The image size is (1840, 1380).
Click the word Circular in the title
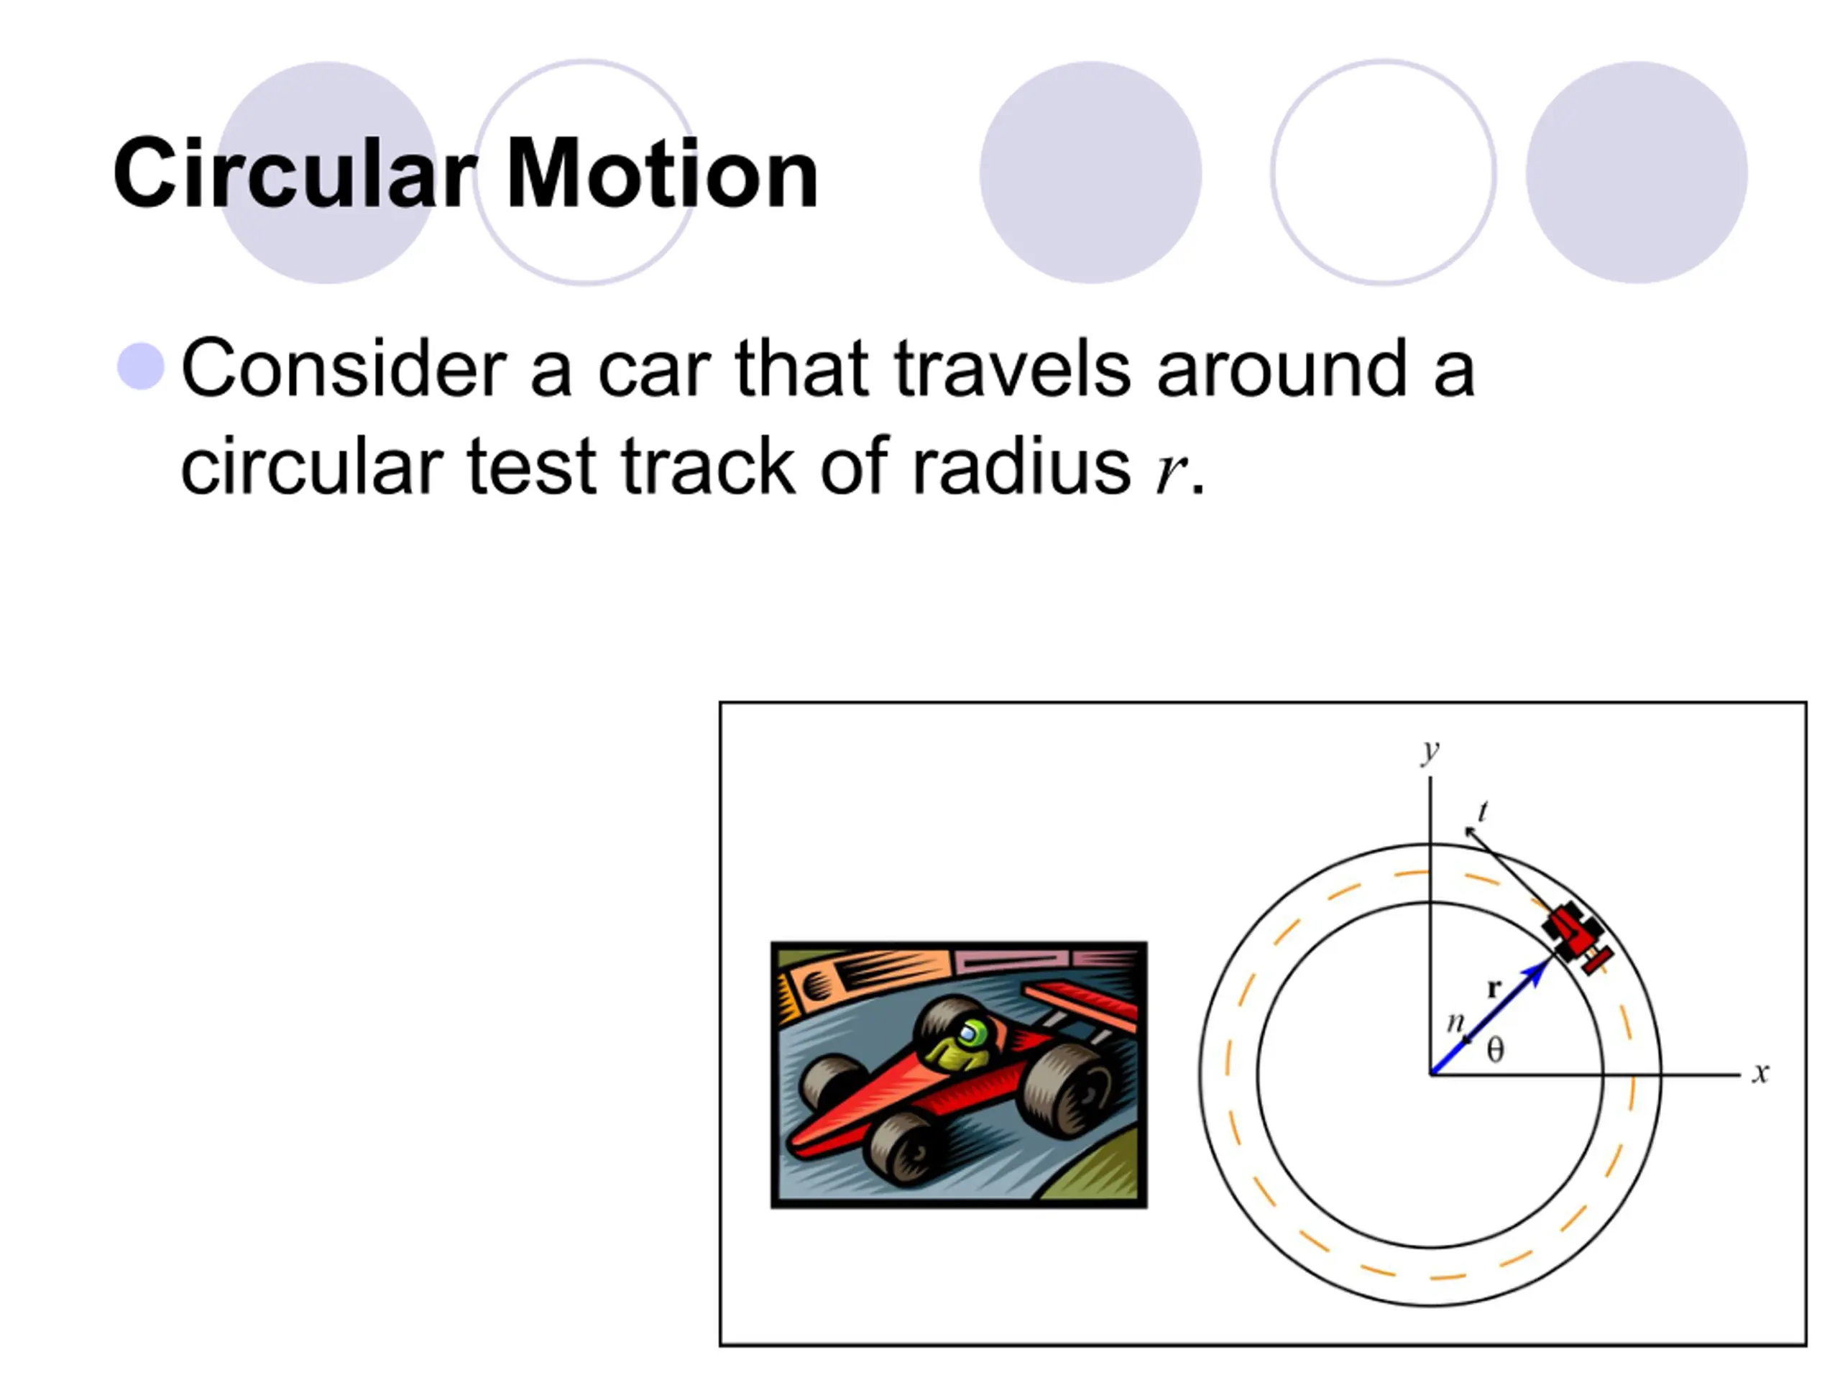[295, 173]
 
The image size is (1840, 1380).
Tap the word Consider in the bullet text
[344, 369]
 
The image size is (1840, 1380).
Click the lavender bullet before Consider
[141, 366]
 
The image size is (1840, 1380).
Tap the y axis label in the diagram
[1430, 751]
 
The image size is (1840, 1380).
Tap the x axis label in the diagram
[1760, 1073]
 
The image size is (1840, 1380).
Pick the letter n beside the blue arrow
[1455, 1021]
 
